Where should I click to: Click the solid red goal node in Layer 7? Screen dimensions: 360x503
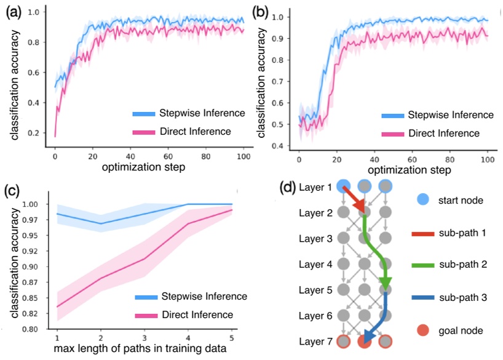click(364, 342)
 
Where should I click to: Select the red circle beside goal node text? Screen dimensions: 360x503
click(422, 331)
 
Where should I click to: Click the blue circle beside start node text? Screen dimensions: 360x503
click(422, 200)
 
